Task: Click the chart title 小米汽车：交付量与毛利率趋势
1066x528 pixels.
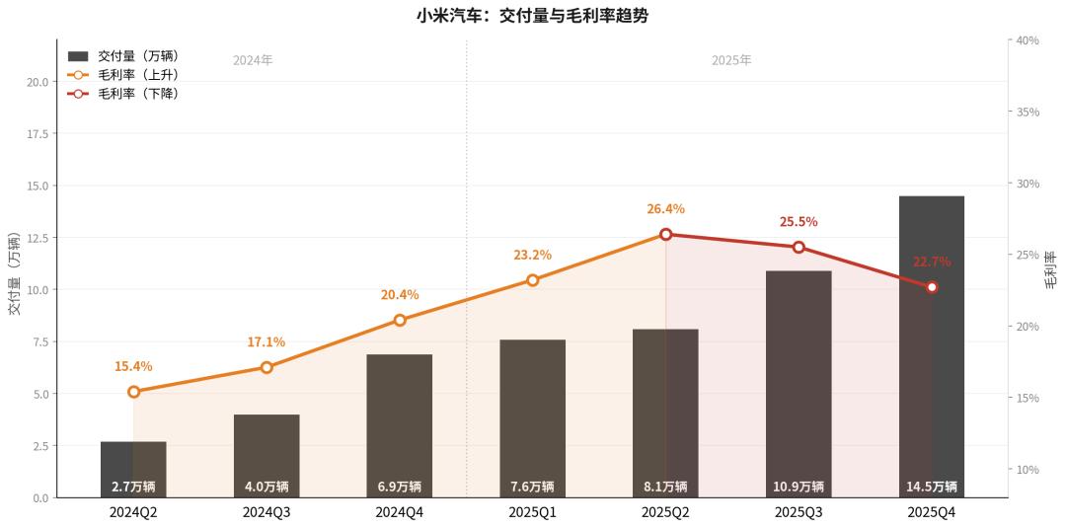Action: (x=533, y=16)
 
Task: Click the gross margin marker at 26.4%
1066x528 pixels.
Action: (x=665, y=234)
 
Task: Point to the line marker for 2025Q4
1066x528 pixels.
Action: (x=932, y=287)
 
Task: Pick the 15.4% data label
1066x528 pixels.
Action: (x=133, y=366)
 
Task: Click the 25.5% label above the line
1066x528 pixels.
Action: (x=799, y=222)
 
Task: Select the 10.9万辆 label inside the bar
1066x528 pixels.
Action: (x=799, y=487)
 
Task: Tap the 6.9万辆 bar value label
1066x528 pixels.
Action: (x=400, y=487)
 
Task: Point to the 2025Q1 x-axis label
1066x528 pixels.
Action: (x=533, y=512)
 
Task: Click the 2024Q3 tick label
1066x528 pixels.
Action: (x=266, y=512)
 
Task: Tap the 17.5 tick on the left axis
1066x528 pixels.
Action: (x=38, y=133)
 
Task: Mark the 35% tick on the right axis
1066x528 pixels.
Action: (x=1028, y=113)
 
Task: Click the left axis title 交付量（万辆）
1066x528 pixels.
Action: (x=14, y=274)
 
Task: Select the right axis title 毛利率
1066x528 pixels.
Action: (x=1051, y=268)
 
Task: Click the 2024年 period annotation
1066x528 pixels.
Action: (x=253, y=60)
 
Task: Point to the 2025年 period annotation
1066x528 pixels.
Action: (x=731, y=60)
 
